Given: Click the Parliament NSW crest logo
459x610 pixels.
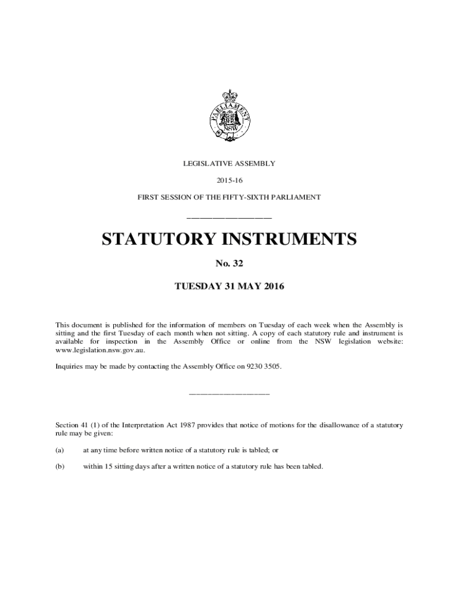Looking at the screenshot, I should tap(229, 116).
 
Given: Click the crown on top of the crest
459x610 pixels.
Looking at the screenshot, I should tap(229, 95).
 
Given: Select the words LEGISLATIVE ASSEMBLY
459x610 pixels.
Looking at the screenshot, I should tap(229, 163).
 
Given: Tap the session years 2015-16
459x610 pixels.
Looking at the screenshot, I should tap(229, 180).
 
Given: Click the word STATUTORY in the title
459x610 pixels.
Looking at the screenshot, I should tap(158, 239).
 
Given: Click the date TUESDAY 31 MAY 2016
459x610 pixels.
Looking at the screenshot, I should tap(229, 287).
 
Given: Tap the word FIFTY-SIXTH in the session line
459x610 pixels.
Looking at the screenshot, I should tap(246, 197).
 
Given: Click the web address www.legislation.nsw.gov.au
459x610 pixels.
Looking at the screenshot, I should tap(97, 350).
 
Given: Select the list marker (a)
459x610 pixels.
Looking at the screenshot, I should tap(60, 450).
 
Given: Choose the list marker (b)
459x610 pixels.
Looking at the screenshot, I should tap(60, 466).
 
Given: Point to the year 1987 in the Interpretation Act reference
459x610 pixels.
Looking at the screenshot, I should tap(181, 425).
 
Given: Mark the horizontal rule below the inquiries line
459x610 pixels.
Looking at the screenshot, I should tap(229, 394).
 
